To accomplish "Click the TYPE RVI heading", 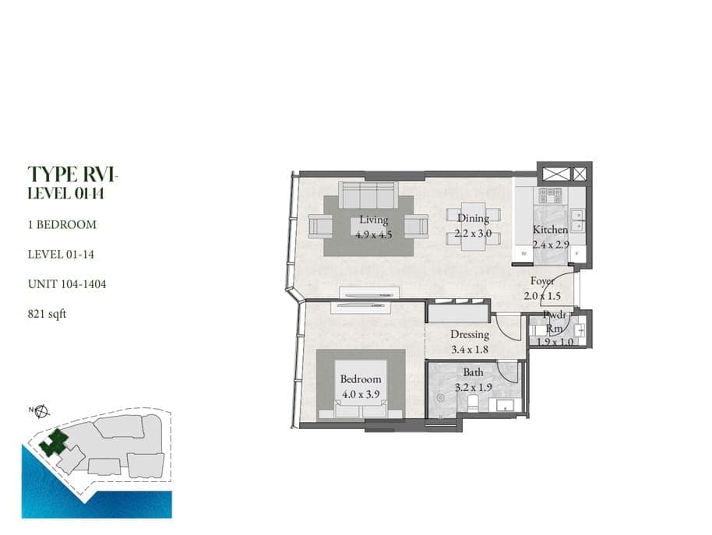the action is point(72,174).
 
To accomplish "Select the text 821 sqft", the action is point(48,314).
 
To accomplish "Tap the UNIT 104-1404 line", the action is point(67,284).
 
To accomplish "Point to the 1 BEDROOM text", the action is point(62,224).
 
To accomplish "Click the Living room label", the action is point(374,220).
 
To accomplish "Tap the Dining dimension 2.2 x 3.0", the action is point(473,234).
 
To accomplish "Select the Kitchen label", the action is point(550,230).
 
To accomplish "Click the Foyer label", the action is point(542,281).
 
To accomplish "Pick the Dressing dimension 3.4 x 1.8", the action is point(470,350).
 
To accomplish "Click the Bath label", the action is point(473,372).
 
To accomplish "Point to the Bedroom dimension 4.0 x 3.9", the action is point(361,394).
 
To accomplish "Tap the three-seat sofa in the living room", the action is point(368,195).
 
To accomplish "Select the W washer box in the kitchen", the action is point(523,253).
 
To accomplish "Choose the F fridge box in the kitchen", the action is point(577,254).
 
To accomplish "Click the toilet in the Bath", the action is point(473,403).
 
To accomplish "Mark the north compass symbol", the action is point(42,411).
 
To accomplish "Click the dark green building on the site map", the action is point(55,443).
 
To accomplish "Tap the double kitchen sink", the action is point(577,220).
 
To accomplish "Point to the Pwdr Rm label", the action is point(555,322).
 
